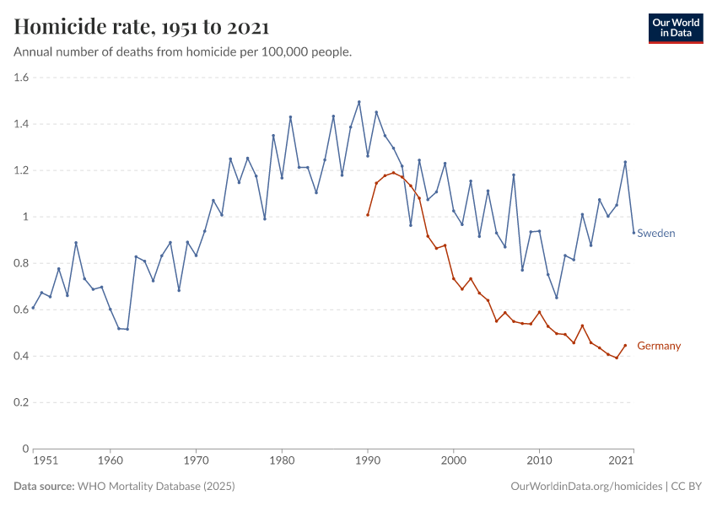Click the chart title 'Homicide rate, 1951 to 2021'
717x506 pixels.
coord(142,27)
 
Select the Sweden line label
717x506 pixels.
coord(655,233)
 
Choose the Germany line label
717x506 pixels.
coord(659,346)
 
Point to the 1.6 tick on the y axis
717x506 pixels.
coord(21,78)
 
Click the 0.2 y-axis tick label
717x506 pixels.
coord(21,402)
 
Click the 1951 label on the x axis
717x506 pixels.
coord(45,461)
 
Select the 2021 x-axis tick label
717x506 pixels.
coord(621,461)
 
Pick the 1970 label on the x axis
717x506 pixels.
coord(196,461)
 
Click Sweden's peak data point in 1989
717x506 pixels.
coord(359,102)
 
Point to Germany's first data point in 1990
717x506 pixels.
coord(368,214)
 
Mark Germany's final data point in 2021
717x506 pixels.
coord(625,345)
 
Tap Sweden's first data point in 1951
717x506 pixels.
coord(33,309)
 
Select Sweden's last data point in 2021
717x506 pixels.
coord(633,233)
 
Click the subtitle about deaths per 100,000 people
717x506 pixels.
coord(183,52)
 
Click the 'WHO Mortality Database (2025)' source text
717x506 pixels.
coord(155,487)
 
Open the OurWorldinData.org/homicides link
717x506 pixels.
coord(587,487)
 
